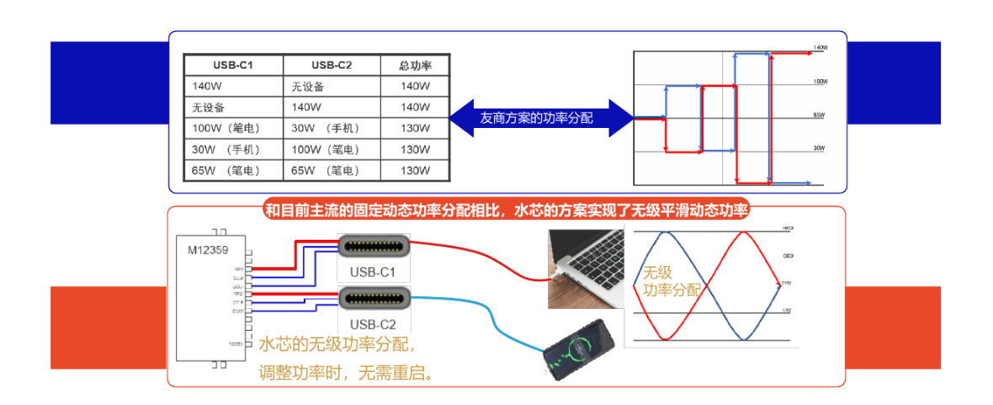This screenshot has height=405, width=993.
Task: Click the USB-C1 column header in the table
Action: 232,66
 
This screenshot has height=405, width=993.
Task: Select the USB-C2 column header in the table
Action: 331,66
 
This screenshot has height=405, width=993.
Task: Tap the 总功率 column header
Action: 415,66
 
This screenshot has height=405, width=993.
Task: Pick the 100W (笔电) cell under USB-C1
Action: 226,128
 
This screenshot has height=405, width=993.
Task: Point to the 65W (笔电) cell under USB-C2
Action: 326,170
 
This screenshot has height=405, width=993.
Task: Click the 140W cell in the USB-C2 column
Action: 305,108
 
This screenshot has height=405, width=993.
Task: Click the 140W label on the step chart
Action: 820,48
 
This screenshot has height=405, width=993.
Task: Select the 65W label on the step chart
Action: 818,115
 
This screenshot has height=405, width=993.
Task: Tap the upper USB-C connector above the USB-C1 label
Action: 374,247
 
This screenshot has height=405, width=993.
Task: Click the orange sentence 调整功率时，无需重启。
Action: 347,371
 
